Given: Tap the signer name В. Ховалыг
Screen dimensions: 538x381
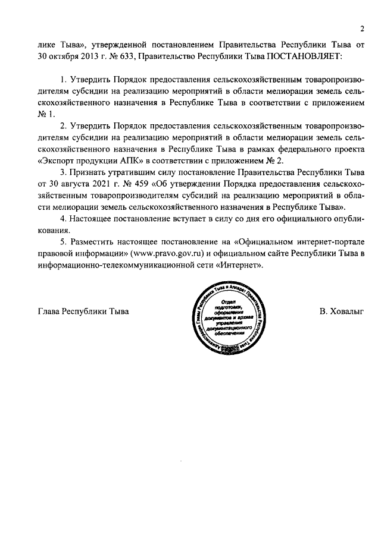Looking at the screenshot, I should [x=341, y=311].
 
